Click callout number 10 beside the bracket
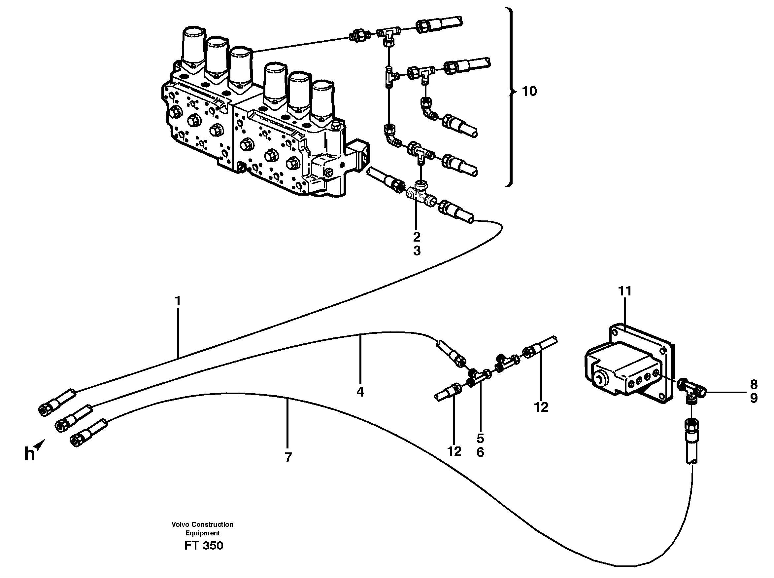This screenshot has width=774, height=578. click(x=529, y=91)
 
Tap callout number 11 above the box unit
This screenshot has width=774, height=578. click(x=625, y=291)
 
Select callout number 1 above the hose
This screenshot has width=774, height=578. click(x=178, y=301)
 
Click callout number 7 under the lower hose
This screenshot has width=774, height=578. click(x=288, y=457)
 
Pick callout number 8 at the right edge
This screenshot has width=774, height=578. click(x=754, y=385)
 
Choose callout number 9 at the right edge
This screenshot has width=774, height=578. click(x=754, y=398)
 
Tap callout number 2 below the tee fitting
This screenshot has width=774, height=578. click(x=417, y=237)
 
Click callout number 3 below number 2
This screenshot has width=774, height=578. click(x=417, y=251)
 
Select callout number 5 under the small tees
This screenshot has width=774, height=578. click(x=480, y=439)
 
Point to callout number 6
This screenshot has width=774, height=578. click(x=480, y=452)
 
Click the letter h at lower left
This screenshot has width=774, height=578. click(x=29, y=454)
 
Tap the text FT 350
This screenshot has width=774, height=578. click(x=204, y=546)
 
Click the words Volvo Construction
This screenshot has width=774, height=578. click(x=202, y=524)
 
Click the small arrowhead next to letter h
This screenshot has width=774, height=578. click(x=41, y=444)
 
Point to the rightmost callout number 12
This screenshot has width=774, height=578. click(x=541, y=407)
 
